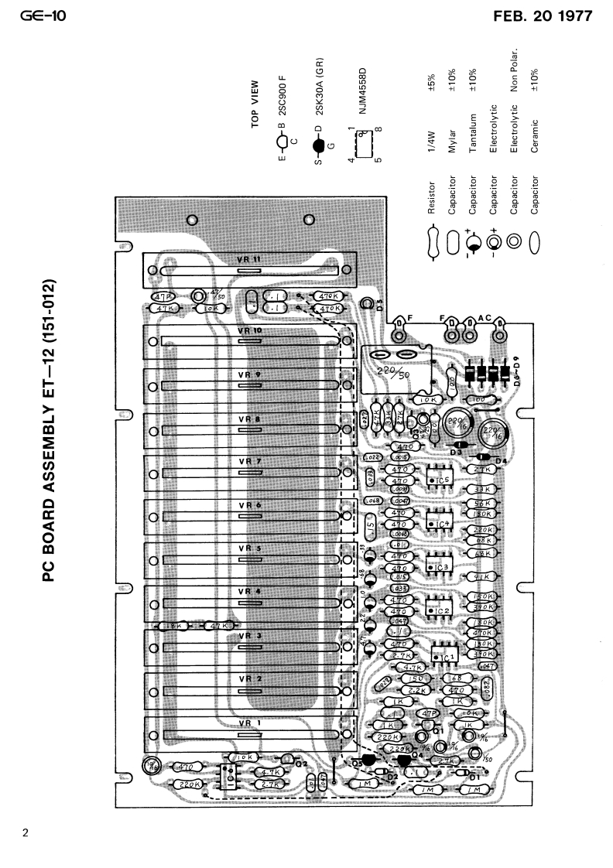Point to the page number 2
pyautogui.click(x=26, y=833)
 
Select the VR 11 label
pyautogui.click(x=250, y=260)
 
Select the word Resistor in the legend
pyautogui.click(x=431, y=198)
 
